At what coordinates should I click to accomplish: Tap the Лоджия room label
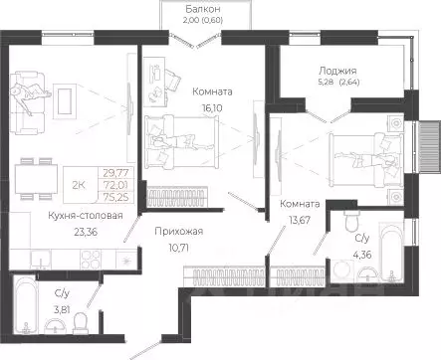pyautogui.click(x=337, y=71)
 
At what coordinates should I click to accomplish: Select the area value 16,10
pyautogui.click(x=212, y=107)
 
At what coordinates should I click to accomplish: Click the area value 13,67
pyautogui.click(x=300, y=220)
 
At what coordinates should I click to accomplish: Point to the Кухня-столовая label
pyautogui.click(x=86, y=216)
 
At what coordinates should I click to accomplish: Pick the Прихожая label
pyautogui.click(x=178, y=231)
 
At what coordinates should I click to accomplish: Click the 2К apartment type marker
pyautogui.click(x=79, y=185)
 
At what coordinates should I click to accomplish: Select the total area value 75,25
pyautogui.click(x=116, y=197)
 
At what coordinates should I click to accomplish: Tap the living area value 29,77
pyautogui.click(x=116, y=172)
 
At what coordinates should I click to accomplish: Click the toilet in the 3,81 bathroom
pyautogui.click(x=81, y=324)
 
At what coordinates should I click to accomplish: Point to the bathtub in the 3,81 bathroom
pyautogui.click(x=25, y=306)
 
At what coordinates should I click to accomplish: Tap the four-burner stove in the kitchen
pyautogui.click(x=91, y=259)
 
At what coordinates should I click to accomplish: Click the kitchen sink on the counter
pyautogui.click(x=41, y=259)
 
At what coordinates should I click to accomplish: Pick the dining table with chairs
pyautogui.click(x=35, y=179)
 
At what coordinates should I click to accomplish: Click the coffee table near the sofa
pyautogui.click(x=65, y=100)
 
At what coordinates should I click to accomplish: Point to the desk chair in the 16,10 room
pyautogui.click(x=172, y=80)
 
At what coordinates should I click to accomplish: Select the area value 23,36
pyautogui.click(x=86, y=232)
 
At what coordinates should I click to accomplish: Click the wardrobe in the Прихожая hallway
pyautogui.click(x=225, y=276)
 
